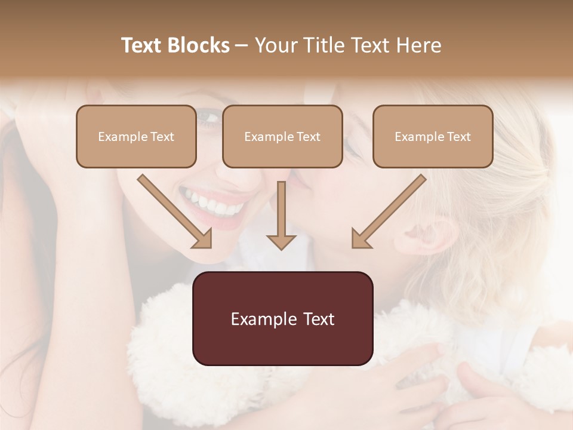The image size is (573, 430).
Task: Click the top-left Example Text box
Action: coord(136,137)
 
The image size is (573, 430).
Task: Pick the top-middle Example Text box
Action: coord(282,137)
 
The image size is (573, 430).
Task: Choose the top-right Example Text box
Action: coord(433,137)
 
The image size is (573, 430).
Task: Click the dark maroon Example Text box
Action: coord(282,318)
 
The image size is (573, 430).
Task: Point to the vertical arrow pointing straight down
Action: coord(281,215)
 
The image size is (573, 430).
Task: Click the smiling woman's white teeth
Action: coord(212,203)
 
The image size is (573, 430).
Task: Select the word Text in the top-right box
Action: coord(458,137)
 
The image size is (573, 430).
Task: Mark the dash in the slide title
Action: coord(242,45)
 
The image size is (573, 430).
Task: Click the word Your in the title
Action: coord(275,45)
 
